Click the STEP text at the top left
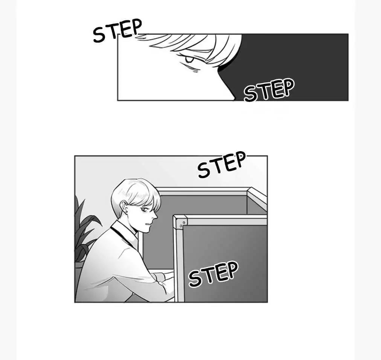coord(117,30)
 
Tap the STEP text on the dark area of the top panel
coord(269,90)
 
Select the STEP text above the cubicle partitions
coord(221,164)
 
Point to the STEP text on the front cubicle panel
coord(213,273)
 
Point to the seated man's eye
coord(145,209)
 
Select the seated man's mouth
coord(148,224)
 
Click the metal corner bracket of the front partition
coord(181,222)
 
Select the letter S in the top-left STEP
coord(99,35)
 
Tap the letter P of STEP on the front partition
coord(232,269)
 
